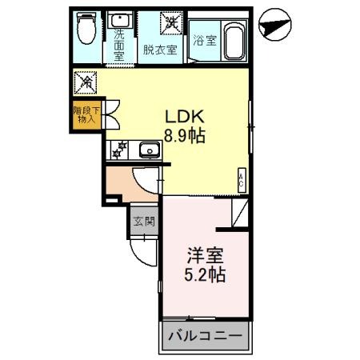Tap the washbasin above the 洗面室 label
point(122,20)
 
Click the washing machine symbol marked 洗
point(170,22)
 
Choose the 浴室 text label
point(204,41)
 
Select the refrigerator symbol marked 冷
point(86,82)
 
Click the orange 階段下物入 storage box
point(86,114)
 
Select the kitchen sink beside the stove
point(148,149)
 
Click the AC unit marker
point(241,181)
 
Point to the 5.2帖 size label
point(206,276)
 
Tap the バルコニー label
point(204,336)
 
